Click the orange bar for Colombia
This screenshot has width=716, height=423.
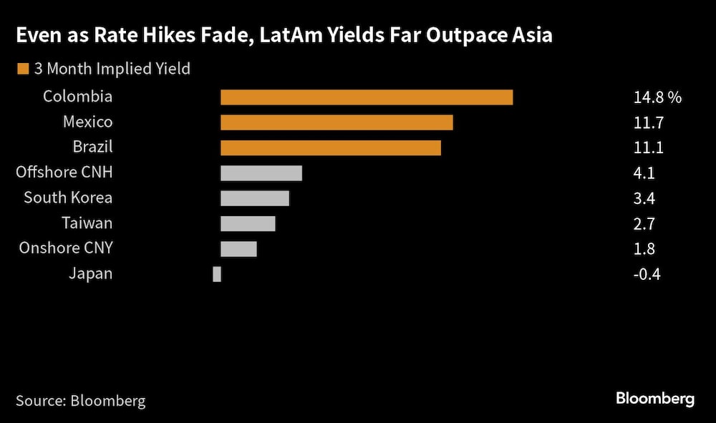(x=367, y=97)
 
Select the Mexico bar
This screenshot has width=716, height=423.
(x=337, y=122)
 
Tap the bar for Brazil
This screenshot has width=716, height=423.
(x=330, y=147)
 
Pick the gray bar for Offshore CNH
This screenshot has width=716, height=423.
(x=261, y=172)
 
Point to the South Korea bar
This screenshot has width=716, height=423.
(x=255, y=198)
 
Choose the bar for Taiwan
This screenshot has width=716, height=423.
(x=248, y=223)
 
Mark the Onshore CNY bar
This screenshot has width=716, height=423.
(x=238, y=248)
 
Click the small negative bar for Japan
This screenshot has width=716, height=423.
(x=217, y=273)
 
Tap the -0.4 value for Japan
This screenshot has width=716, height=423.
(x=647, y=273)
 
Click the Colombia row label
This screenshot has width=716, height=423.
(x=77, y=97)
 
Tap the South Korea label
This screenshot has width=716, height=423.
(x=68, y=198)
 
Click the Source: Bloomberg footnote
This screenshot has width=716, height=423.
(x=80, y=400)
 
